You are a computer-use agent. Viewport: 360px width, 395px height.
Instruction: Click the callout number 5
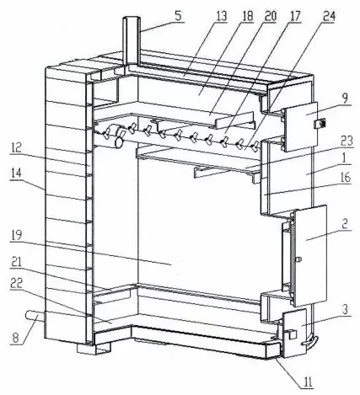click(x=178, y=15)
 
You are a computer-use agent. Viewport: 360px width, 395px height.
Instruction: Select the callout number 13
click(x=222, y=16)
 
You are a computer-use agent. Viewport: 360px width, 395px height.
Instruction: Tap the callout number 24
click(x=329, y=16)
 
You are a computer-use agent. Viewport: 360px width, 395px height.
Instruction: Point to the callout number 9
click(x=345, y=98)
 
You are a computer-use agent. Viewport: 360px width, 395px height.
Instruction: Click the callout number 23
click(x=347, y=141)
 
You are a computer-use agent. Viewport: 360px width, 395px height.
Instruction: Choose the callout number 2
click(x=345, y=223)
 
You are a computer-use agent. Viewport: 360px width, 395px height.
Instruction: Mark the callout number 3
click(x=345, y=309)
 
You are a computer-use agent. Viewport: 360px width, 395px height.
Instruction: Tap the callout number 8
click(x=15, y=338)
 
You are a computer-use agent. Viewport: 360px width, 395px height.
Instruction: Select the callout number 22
click(x=16, y=285)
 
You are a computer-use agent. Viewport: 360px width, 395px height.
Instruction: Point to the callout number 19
click(x=16, y=235)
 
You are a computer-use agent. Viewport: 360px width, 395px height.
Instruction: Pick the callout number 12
click(x=16, y=147)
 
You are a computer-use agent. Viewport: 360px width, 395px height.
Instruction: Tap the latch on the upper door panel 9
click(x=320, y=123)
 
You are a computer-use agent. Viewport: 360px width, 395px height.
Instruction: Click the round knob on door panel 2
click(x=299, y=259)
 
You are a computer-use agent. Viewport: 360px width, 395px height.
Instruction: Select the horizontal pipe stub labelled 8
click(x=35, y=317)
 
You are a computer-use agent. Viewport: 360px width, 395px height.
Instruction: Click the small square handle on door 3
click(x=293, y=334)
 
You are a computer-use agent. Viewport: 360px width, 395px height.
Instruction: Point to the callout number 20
click(x=270, y=16)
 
